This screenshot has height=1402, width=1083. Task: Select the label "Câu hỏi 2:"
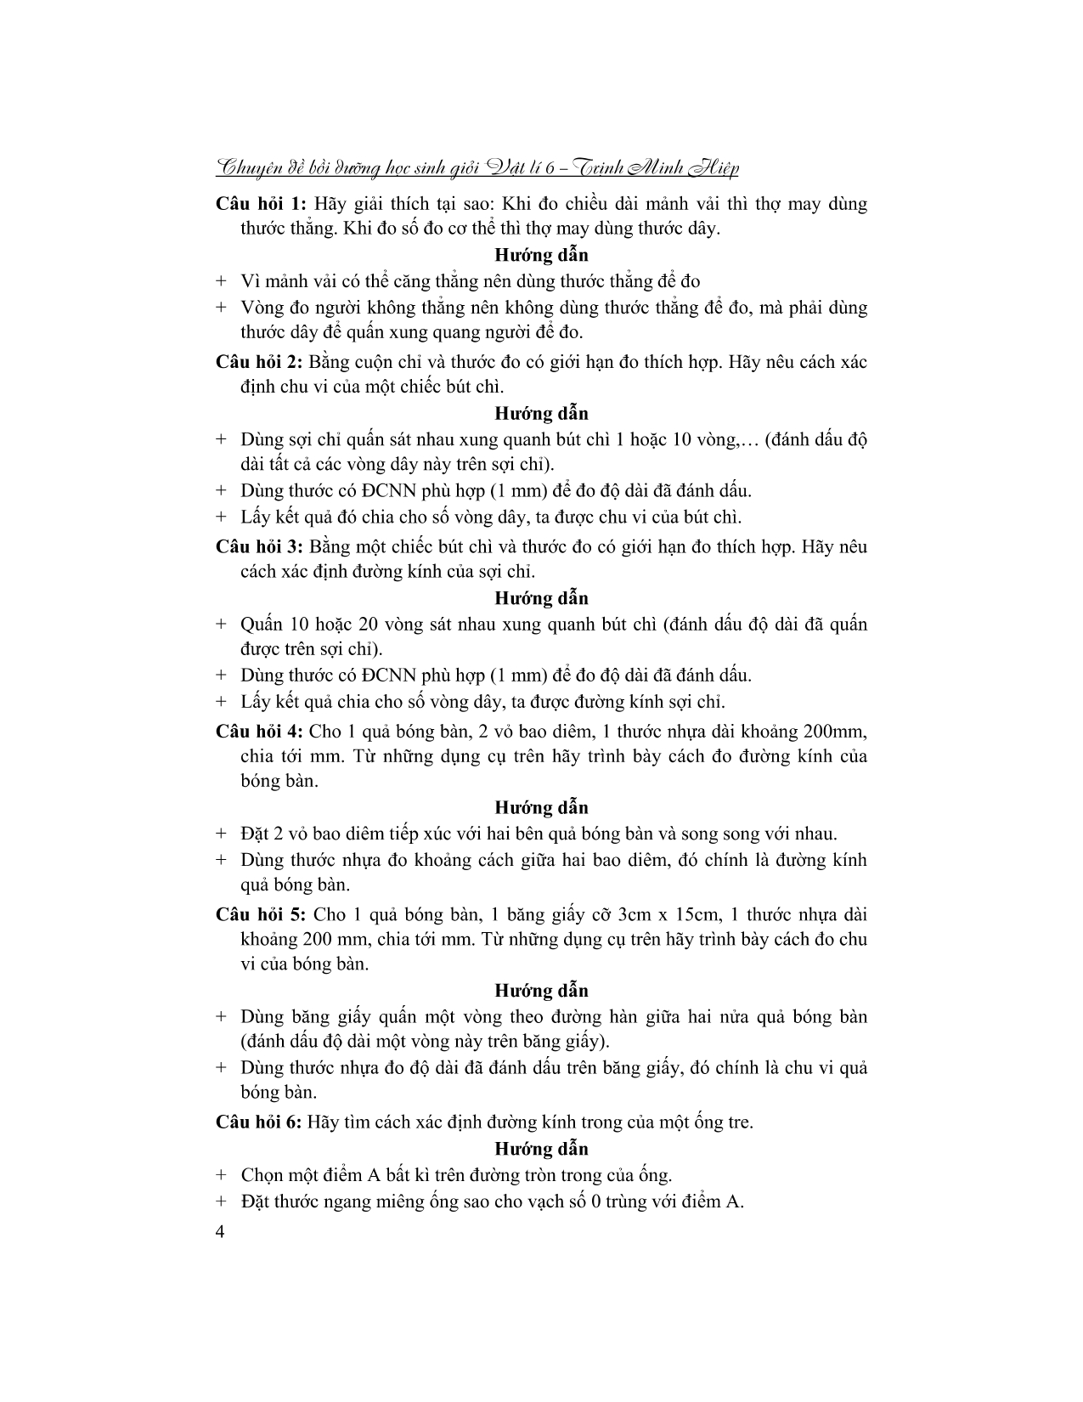[258, 362]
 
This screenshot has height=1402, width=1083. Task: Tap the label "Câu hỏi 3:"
[258, 546]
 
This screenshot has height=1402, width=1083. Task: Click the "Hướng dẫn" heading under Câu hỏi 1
[541, 255]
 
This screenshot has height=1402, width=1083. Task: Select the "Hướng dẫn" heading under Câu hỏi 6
[541, 1149]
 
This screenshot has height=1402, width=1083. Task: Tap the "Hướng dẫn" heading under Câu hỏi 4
[541, 807]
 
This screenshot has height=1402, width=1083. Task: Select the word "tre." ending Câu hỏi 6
[736, 1122]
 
